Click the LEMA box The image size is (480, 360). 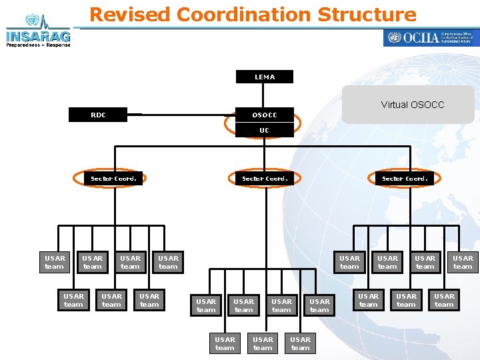[265, 77]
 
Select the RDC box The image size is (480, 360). [98, 115]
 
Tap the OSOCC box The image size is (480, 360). [265, 115]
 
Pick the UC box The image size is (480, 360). [265, 130]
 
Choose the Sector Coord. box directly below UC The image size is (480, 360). [265, 178]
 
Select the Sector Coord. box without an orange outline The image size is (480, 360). [405, 178]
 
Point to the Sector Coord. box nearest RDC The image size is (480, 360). [114, 178]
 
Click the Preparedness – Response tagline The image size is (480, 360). [38, 45]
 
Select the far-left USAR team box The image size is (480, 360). [55, 262]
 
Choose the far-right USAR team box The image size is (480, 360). [463, 262]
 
